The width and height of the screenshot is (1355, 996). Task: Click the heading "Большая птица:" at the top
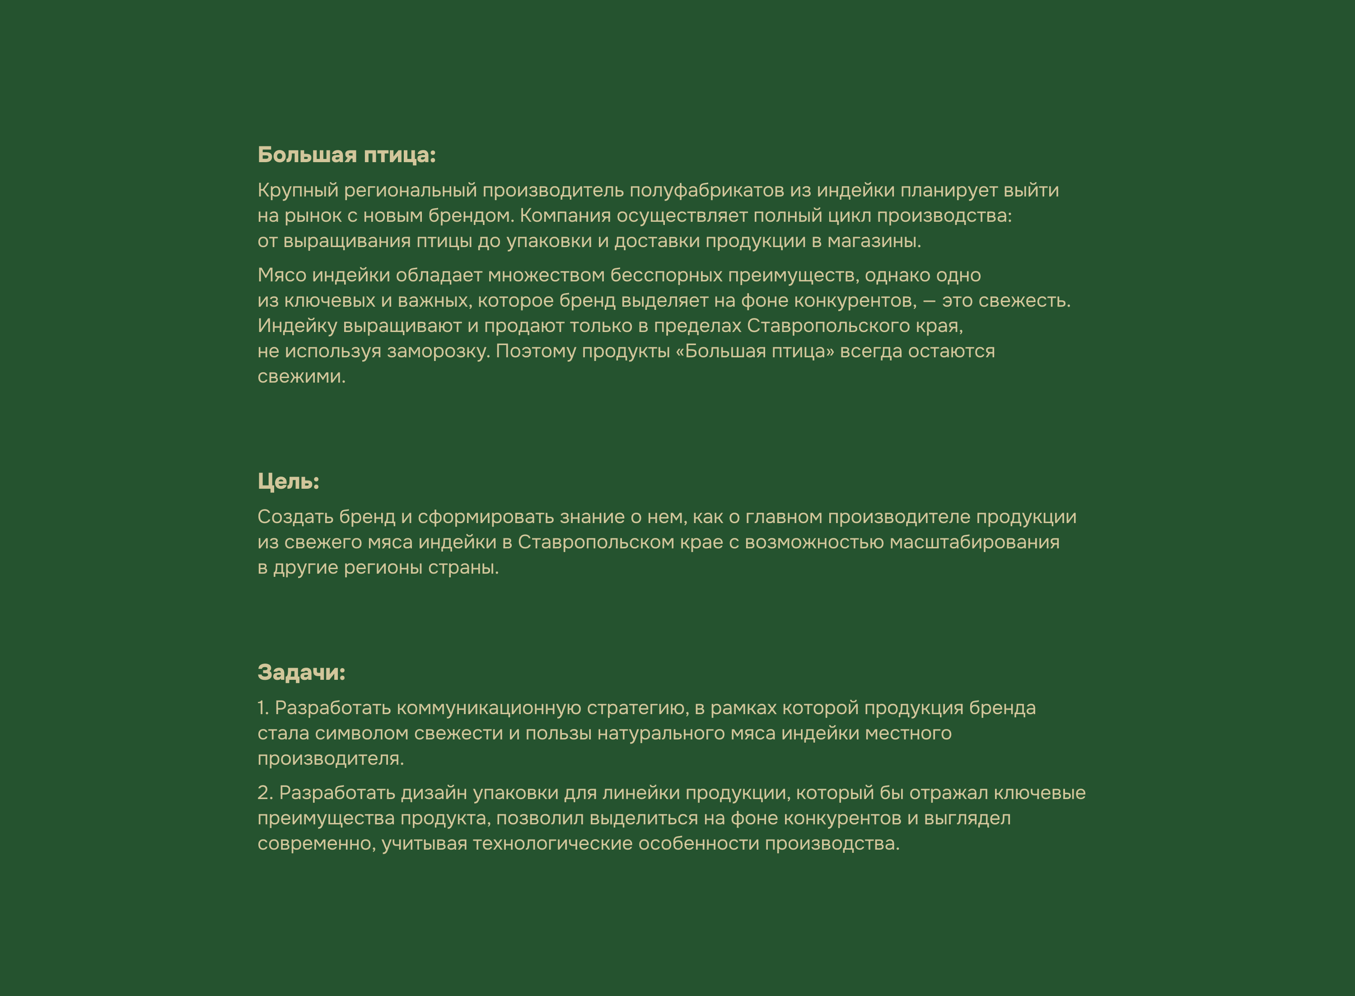[346, 155]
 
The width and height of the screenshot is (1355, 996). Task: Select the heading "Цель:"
[288, 481]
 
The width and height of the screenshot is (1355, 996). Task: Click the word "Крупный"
[298, 191]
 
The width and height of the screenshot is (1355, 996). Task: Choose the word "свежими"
[301, 377]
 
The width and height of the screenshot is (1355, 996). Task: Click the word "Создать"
[295, 517]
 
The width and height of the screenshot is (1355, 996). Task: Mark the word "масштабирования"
[974, 542]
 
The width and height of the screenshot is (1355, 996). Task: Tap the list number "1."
[263, 708]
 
